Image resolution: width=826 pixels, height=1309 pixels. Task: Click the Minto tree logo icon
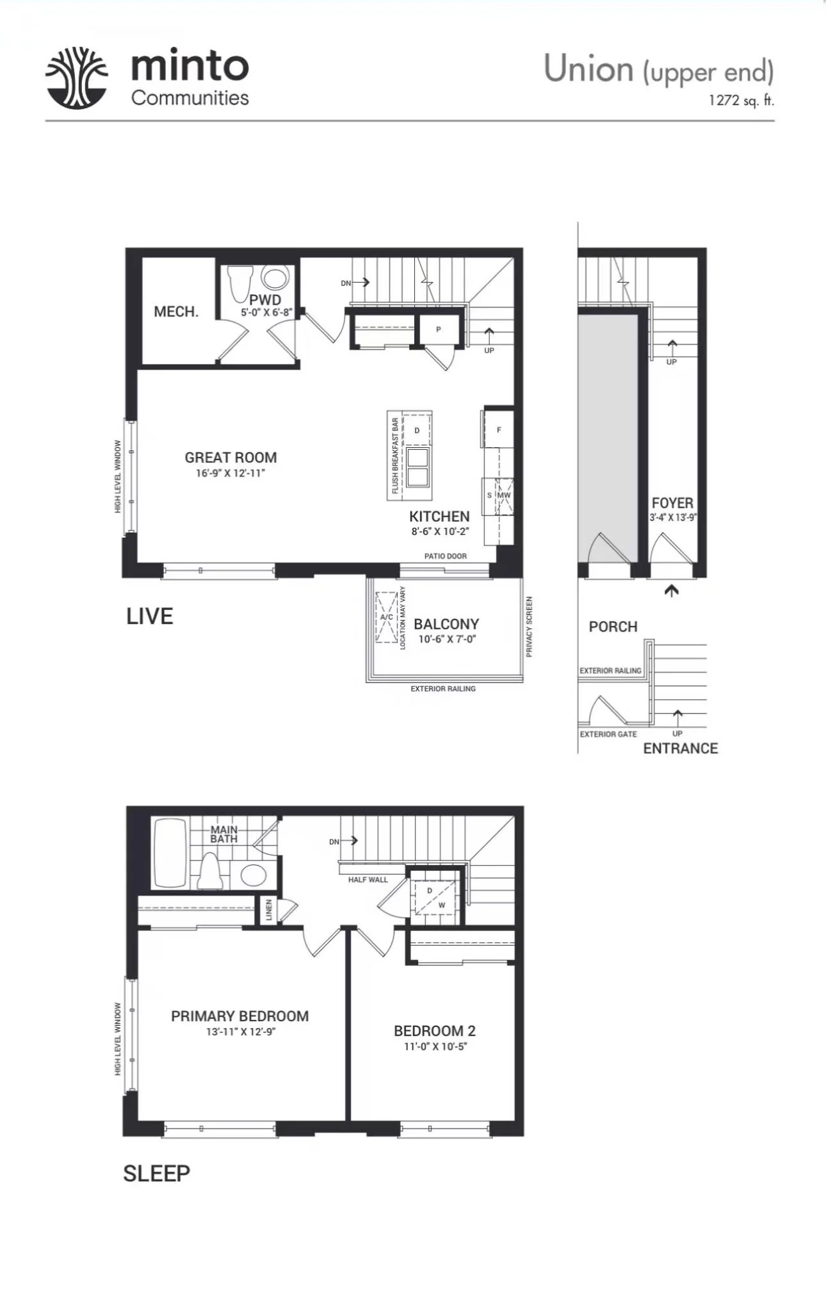click(76, 78)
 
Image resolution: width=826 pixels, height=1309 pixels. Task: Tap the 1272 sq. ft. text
click(741, 101)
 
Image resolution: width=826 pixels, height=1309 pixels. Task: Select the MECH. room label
click(176, 312)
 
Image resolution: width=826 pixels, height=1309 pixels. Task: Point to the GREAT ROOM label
click(231, 457)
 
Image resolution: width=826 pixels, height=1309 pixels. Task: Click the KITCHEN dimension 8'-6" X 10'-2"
click(440, 531)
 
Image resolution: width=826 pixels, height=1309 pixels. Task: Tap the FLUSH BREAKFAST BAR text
click(395, 456)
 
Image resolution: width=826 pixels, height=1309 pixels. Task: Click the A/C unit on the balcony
click(386, 617)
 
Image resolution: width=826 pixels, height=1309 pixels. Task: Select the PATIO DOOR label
click(446, 556)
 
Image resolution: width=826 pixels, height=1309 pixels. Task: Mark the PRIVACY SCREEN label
click(529, 627)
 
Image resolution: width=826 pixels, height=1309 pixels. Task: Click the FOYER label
click(672, 503)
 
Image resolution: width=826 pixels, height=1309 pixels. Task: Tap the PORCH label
click(613, 627)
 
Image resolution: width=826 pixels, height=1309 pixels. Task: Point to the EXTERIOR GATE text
click(608, 734)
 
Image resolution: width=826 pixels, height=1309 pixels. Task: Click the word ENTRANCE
click(680, 748)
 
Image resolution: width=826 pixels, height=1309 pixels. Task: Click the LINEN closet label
click(269, 910)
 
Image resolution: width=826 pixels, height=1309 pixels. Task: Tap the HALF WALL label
click(368, 880)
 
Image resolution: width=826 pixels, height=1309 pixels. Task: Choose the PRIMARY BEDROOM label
click(239, 1016)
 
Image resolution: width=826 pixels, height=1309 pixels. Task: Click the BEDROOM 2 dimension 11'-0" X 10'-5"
click(435, 1046)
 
